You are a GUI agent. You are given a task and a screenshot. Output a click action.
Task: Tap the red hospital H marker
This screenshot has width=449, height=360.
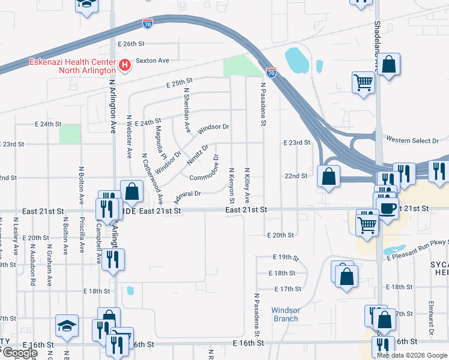coord(125,65)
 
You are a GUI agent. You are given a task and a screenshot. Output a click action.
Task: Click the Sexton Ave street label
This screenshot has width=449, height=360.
coord(152,60)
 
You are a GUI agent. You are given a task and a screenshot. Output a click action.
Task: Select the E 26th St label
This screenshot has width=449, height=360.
coord(131,44)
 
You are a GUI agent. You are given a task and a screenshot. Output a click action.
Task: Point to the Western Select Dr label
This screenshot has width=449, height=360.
coord(412,140)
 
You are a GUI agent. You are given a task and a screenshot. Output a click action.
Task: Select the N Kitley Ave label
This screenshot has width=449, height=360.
coord(247,185)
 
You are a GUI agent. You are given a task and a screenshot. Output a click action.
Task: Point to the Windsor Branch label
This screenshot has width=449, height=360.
coord(285,314)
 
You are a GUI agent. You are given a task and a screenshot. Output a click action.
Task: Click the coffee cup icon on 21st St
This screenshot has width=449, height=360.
coord(388,208)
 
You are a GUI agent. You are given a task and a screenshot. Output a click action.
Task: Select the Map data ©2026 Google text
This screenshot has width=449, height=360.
coord(412,355)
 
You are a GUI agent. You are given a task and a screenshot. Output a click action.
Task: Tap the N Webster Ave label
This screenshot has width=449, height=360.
coord(129,136)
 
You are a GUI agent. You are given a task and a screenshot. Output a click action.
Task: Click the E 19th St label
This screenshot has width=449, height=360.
coord(286,257)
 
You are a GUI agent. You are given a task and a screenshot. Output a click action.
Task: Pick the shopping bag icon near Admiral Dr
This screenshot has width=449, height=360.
coord(131,192)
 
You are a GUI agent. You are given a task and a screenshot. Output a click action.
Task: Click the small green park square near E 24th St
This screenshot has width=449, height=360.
coord(70,134)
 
